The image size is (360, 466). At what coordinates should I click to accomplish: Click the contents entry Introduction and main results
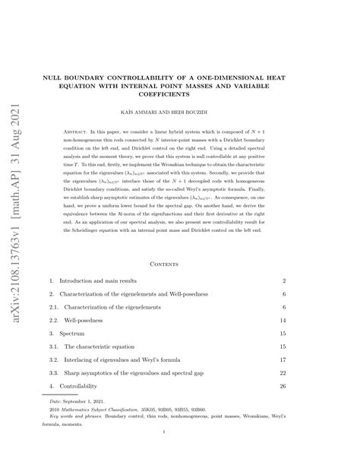pos(102,259)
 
